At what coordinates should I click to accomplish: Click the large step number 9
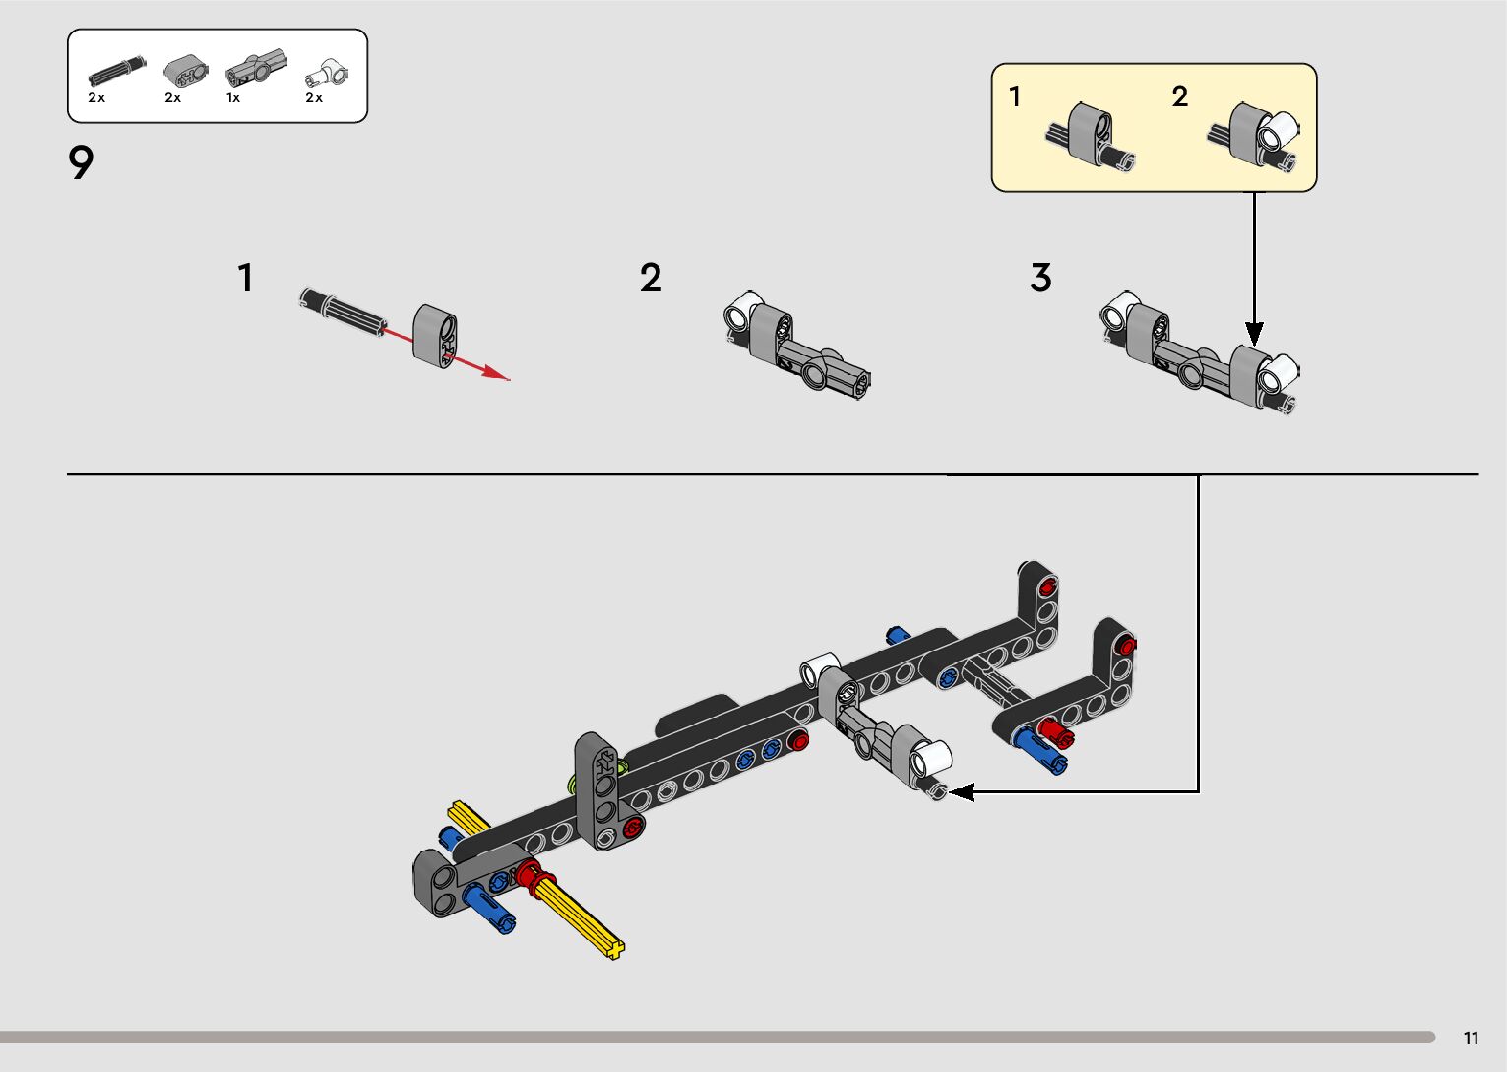coord(81,162)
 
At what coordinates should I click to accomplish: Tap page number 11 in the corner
coord(1471,1038)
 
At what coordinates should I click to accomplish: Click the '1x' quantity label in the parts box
coord(232,97)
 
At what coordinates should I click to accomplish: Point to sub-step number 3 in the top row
coord(1040,278)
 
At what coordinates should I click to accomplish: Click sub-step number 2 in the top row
coord(651,278)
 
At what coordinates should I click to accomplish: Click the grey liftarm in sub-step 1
coord(435,336)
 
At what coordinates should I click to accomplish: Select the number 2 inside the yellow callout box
coord(1179,96)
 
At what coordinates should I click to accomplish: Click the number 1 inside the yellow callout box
coord(1015,96)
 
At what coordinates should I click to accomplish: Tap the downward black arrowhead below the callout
coord(1254,333)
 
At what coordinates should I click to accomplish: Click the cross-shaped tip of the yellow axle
coord(614,949)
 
